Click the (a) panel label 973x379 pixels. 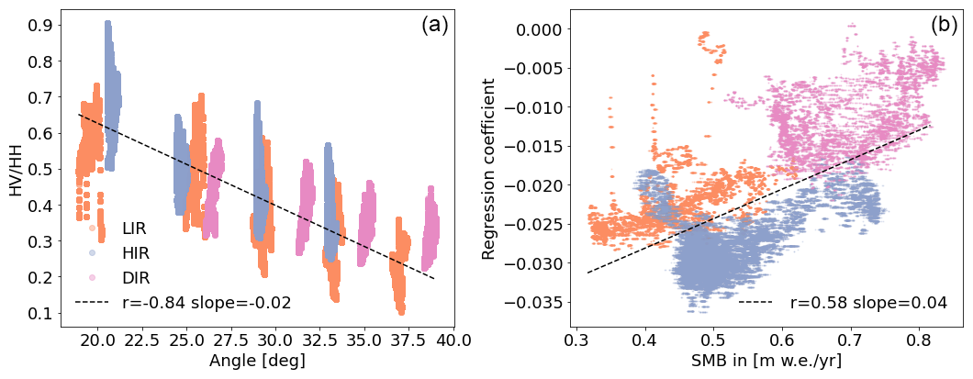pos(434,26)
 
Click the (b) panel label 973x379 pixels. pos(944,26)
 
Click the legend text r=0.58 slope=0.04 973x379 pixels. pos(867,302)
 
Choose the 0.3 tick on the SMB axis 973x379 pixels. pos(576,340)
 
